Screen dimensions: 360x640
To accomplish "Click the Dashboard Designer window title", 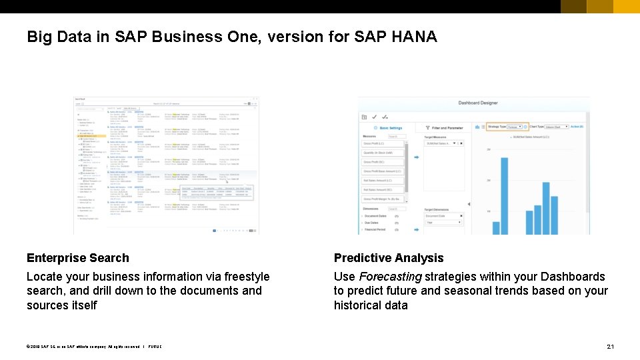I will tap(477, 103).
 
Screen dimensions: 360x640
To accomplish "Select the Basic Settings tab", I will tap(388, 127).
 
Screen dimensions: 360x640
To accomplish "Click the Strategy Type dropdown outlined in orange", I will tap(507, 127).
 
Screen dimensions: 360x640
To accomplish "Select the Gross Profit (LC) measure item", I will tap(382, 144).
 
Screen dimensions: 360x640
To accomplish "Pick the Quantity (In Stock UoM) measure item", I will tap(382, 153).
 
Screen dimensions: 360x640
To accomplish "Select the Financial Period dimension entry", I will tap(375, 229).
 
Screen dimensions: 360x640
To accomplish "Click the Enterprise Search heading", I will tap(78, 258).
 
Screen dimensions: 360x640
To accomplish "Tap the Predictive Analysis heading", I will tap(389, 258).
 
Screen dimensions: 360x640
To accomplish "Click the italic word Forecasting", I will tap(391, 277).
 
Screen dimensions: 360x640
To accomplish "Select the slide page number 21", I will tap(610, 347).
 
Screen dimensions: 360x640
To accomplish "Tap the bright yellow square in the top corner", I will tap(627, 7).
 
